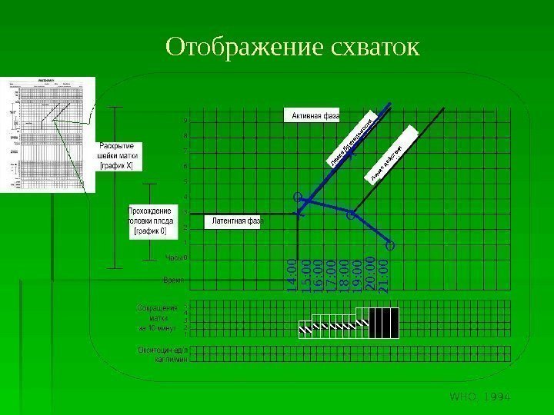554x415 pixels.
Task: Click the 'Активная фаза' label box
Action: [x=315, y=116]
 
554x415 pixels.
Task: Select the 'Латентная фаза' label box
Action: [x=235, y=221]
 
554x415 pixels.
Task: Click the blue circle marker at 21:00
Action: [x=389, y=246]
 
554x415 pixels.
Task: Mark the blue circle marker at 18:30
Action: [x=351, y=216]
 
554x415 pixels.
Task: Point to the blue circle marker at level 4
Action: [x=299, y=198]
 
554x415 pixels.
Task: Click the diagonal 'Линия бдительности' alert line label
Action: [x=352, y=141]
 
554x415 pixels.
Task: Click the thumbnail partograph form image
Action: [x=48, y=134]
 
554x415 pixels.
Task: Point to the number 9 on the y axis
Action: [x=185, y=121]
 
